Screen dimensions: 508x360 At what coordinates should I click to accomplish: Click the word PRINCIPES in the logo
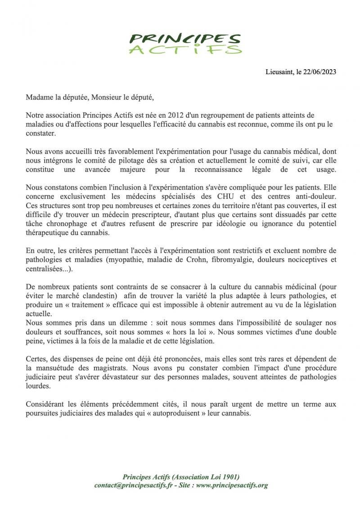(x=185, y=39)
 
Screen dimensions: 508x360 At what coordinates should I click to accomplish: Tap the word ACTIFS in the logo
(x=185, y=49)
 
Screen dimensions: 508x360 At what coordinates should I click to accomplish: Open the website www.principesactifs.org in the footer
(x=232, y=485)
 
